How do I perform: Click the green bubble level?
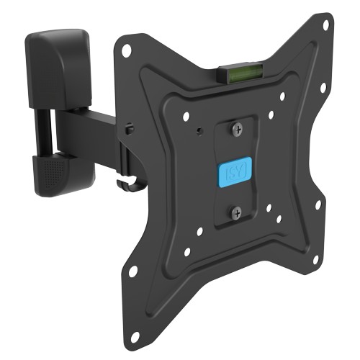(233, 71)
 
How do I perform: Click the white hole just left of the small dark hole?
(186, 116)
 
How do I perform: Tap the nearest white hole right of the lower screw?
(269, 208)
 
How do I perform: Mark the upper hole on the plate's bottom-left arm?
(133, 271)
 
